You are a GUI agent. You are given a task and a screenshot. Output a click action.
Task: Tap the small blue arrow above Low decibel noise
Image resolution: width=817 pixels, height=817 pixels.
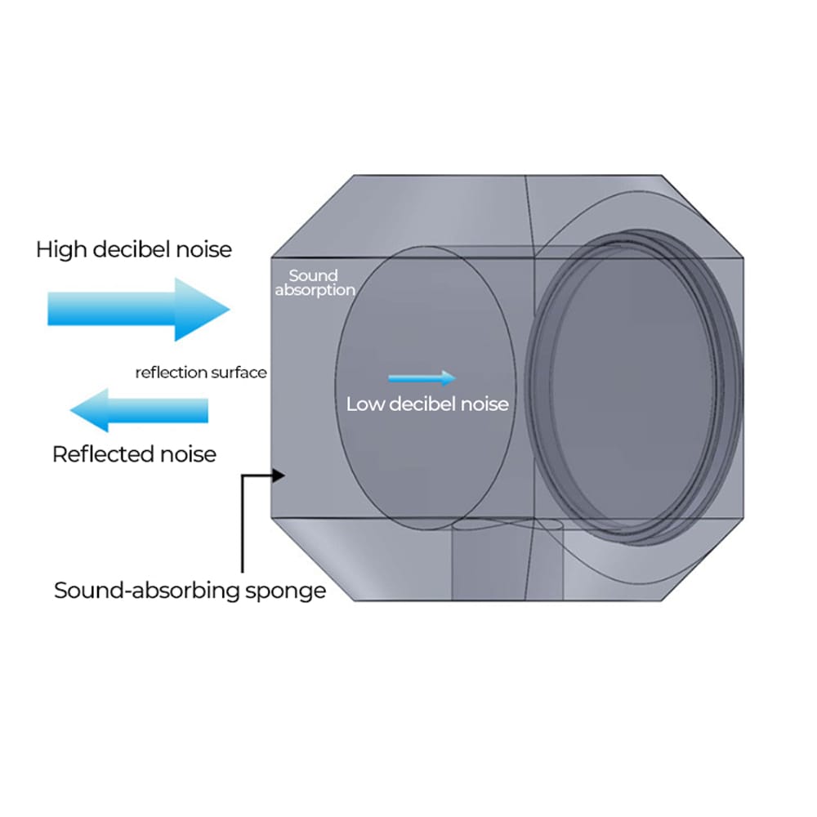[421, 377]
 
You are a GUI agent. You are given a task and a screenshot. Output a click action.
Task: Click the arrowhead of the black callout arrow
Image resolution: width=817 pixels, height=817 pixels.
[279, 474]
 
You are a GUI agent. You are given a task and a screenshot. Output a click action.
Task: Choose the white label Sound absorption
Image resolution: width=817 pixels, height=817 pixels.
[315, 283]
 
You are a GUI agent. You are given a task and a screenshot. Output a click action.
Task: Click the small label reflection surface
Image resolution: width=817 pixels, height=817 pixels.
[201, 373]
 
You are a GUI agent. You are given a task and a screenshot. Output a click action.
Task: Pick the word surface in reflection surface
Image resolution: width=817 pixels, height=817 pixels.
[239, 373]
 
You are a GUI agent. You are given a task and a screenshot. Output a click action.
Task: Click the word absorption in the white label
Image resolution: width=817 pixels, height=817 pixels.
[315, 290]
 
